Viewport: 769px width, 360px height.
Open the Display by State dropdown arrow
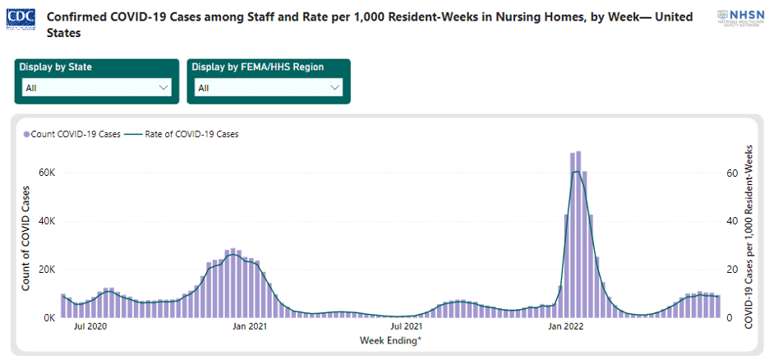point(162,87)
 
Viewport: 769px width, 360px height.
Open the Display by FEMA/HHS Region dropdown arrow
point(334,87)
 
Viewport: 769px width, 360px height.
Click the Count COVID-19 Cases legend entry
point(75,133)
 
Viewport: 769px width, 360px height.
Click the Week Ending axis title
point(390,339)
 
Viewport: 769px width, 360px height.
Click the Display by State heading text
point(58,67)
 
